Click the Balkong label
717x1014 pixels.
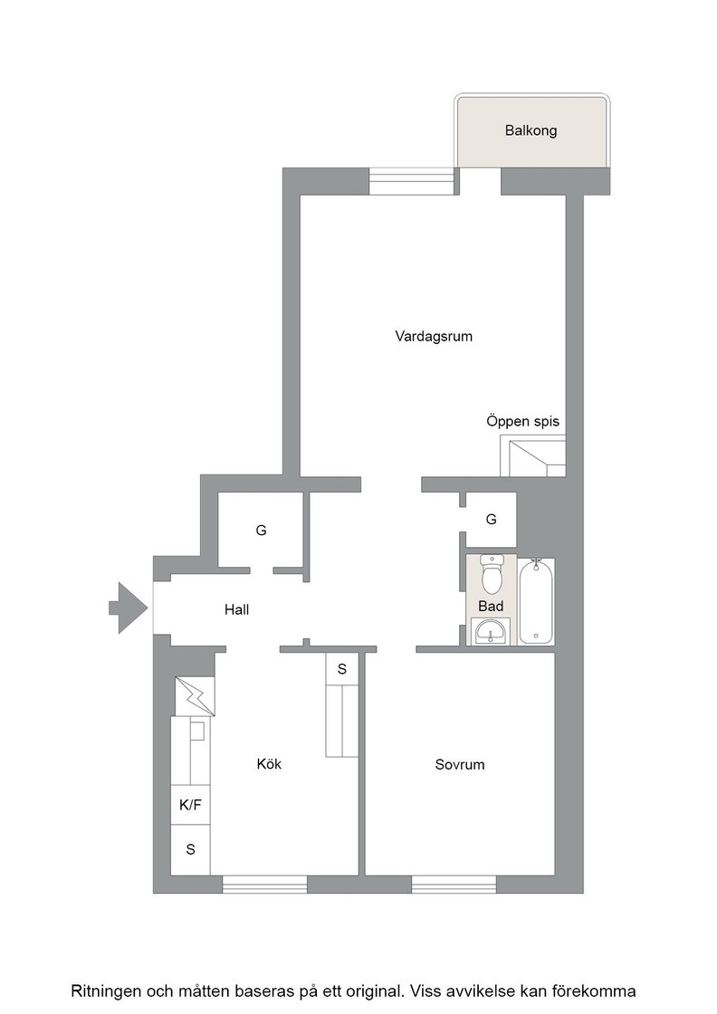[531, 130]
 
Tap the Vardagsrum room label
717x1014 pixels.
[434, 337]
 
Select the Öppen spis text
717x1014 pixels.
[522, 421]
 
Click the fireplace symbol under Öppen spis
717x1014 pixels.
[532, 456]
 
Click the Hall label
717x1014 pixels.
[236, 610]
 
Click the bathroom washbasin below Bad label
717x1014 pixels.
[491, 631]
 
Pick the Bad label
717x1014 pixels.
[491, 606]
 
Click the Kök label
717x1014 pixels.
[269, 764]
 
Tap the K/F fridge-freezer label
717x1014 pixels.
[190, 805]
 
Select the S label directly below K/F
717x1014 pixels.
[190, 849]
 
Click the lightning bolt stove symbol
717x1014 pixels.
[195, 695]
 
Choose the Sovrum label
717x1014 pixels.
[459, 765]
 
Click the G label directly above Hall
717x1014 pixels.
[261, 531]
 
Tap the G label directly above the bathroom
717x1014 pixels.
[491, 520]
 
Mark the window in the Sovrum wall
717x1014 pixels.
[454, 884]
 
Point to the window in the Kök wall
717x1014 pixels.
[264, 884]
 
